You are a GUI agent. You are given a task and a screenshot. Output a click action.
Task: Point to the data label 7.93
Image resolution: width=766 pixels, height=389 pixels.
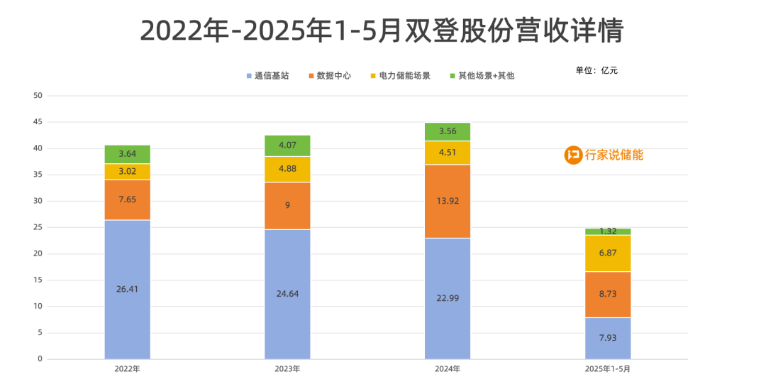click(x=608, y=337)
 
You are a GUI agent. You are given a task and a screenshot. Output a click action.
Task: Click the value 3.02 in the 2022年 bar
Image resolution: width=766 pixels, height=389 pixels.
click(x=128, y=172)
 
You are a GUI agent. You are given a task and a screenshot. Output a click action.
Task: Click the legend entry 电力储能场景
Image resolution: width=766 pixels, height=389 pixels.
click(x=404, y=75)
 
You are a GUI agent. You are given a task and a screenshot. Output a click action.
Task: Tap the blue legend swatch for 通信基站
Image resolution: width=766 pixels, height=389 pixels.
click(x=249, y=75)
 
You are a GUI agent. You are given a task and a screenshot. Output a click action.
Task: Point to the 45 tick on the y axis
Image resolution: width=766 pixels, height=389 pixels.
click(x=38, y=122)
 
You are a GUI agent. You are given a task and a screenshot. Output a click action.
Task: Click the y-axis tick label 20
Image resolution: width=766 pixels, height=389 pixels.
click(x=38, y=253)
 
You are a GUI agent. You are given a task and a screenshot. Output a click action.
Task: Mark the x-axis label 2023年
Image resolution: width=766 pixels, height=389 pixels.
click(x=287, y=369)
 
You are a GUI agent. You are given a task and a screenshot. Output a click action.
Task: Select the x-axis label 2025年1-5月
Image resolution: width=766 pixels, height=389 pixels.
click(x=608, y=369)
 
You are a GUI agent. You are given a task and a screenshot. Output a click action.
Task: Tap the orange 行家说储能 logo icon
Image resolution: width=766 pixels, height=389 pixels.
click(x=573, y=155)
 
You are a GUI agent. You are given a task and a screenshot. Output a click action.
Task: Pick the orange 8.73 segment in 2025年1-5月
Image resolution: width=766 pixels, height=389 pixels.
click(x=608, y=295)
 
